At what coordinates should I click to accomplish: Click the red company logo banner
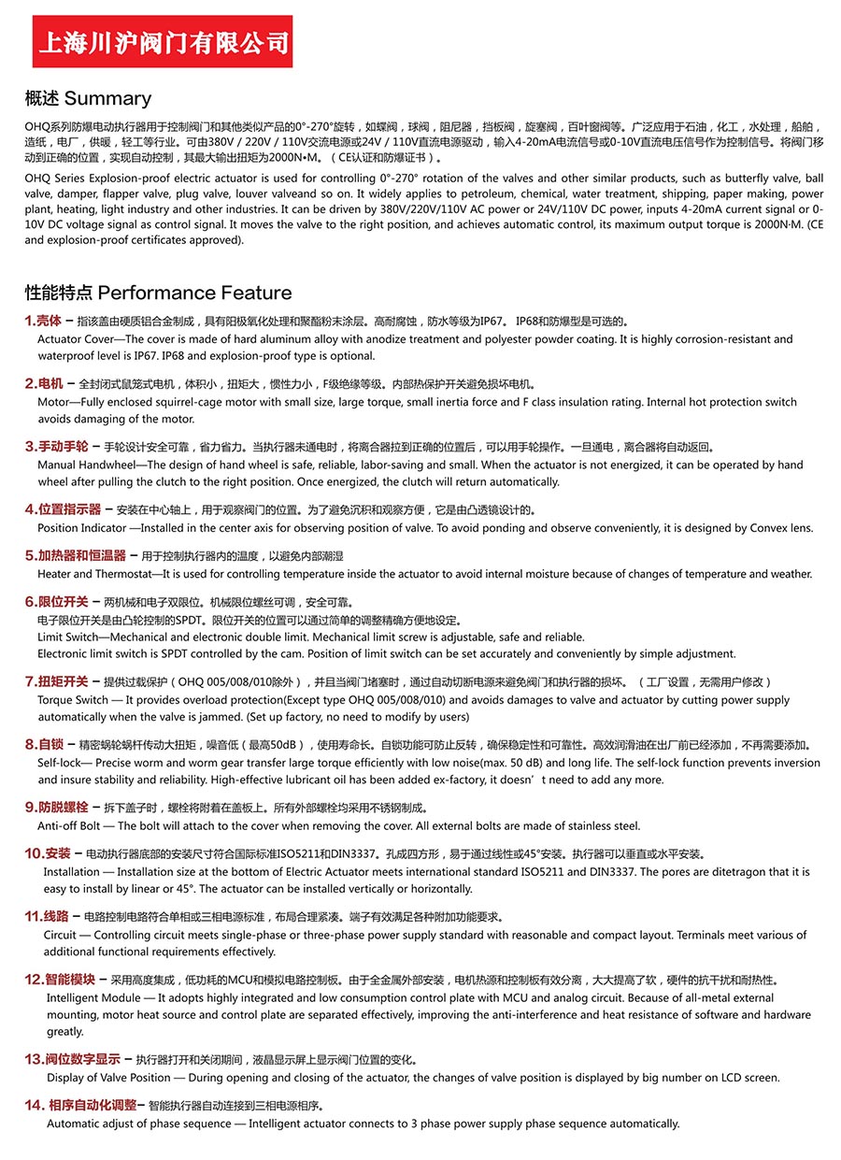(x=163, y=42)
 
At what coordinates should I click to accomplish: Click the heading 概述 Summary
(x=88, y=99)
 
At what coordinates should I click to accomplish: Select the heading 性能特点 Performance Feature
(x=158, y=293)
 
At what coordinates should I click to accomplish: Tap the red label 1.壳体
(x=43, y=321)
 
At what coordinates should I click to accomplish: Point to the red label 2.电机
(x=44, y=383)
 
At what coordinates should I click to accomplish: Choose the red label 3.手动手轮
(x=56, y=447)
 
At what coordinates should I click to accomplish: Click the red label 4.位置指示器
(x=63, y=509)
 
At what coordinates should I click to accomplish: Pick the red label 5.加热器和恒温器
(x=75, y=555)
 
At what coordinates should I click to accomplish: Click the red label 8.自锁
(x=44, y=744)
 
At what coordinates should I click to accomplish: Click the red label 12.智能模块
(x=60, y=980)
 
